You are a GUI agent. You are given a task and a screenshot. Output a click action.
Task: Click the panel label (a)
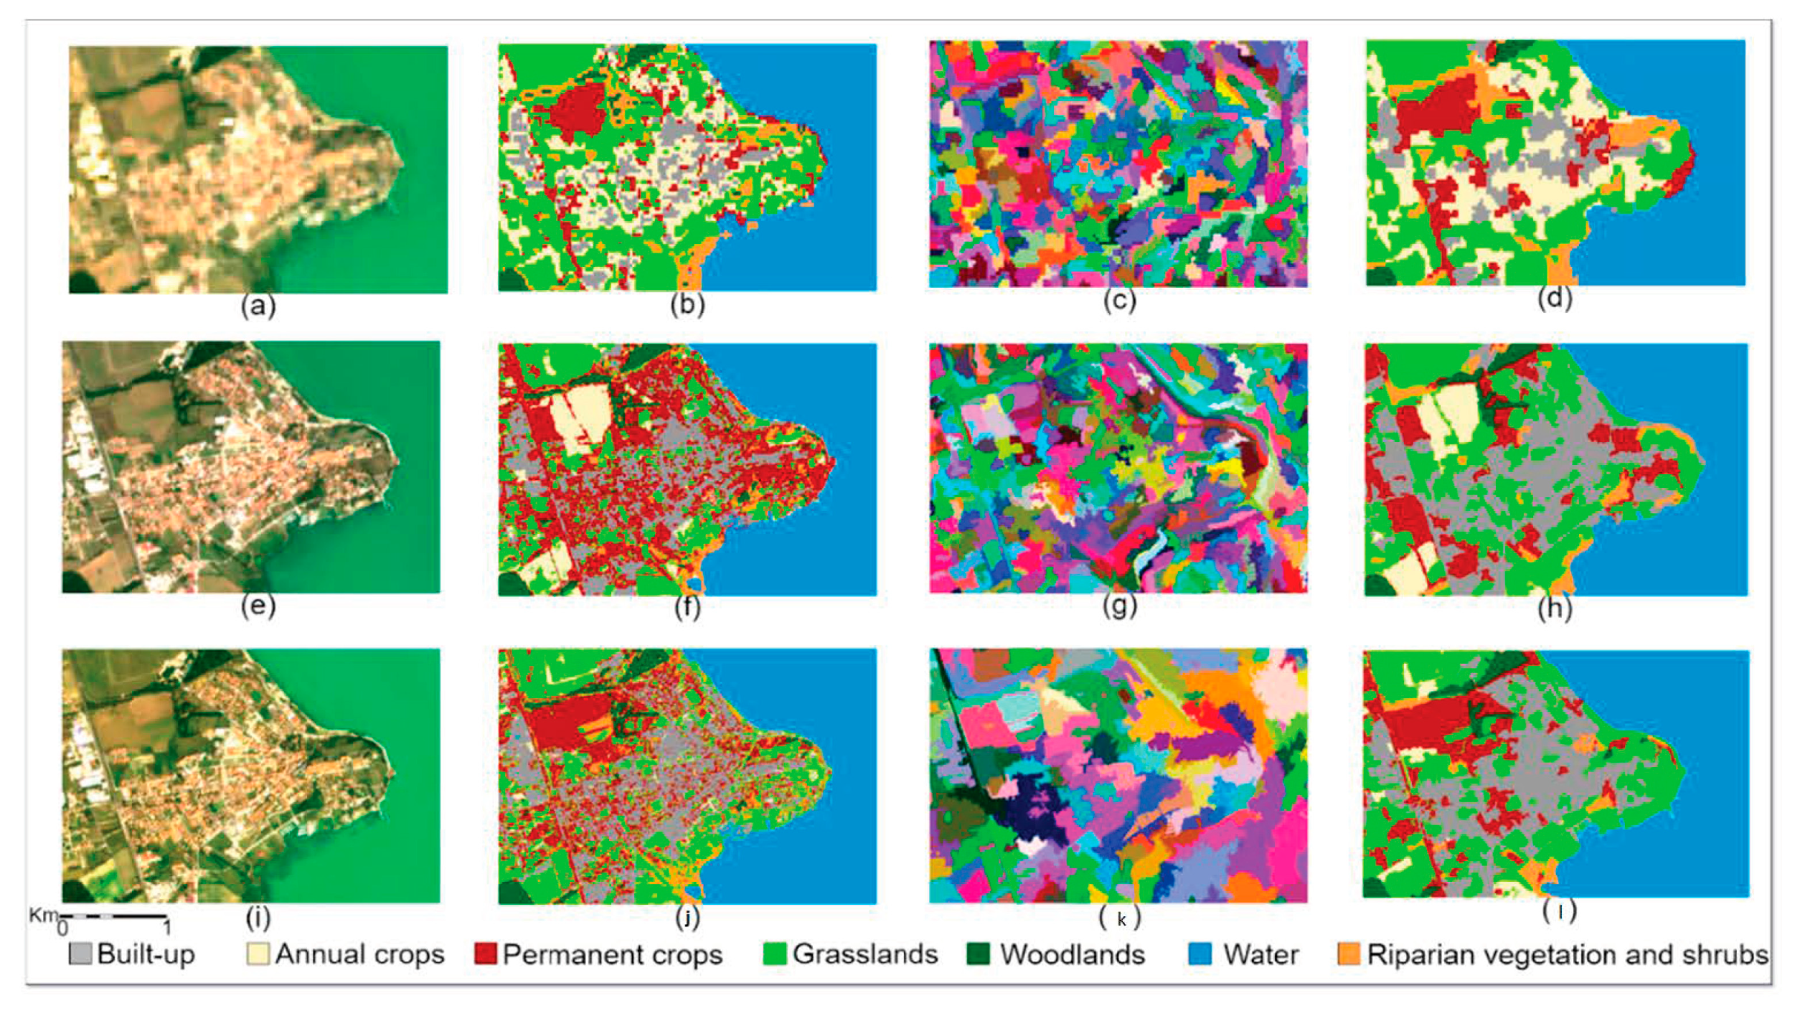[258, 306]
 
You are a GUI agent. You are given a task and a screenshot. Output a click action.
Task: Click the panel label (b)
[687, 304]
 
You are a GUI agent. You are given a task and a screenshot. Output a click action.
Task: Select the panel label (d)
[1555, 298]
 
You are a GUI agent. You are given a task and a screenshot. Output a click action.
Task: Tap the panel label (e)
[258, 606]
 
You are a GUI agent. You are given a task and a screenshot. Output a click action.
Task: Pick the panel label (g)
[1119, 606]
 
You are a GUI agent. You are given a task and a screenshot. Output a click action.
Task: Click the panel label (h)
[1555, 608]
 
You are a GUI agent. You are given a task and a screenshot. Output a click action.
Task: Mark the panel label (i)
[258, 916]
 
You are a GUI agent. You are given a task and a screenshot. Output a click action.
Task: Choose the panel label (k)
[1121, 919]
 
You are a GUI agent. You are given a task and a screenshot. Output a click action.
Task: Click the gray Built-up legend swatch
[80, 954]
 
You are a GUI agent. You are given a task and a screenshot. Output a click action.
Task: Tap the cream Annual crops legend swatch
[258, 954]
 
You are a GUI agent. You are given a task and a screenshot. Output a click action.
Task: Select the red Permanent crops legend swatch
[486, 954]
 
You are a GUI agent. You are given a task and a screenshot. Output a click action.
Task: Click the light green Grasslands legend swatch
[775, 954]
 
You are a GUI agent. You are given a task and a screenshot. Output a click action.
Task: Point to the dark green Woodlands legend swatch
[979, 954]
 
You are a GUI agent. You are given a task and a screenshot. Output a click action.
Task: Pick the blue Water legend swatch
[1200, 954]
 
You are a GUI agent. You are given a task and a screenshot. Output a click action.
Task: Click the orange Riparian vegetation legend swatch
[1349, 954]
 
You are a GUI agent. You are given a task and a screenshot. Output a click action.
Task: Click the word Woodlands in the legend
[1073, 954]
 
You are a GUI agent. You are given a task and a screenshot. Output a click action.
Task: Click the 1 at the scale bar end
[166, 928]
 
